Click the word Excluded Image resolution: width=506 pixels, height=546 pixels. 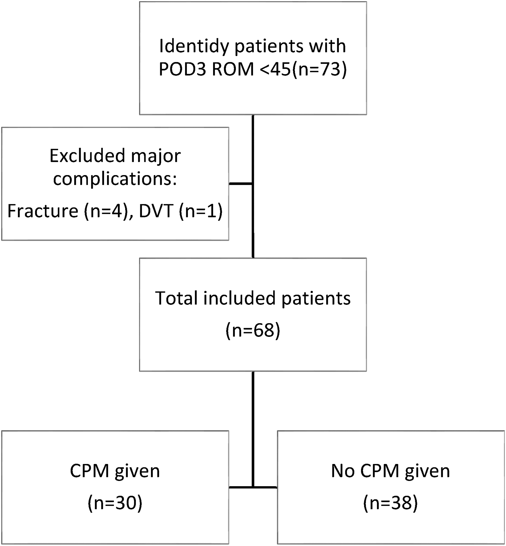88,156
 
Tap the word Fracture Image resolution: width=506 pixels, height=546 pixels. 43,211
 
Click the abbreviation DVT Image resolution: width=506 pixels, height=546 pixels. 156,211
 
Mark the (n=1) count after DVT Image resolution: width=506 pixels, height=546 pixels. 201,211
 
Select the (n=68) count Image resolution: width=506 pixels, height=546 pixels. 253,330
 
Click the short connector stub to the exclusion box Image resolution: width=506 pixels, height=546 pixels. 241,183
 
